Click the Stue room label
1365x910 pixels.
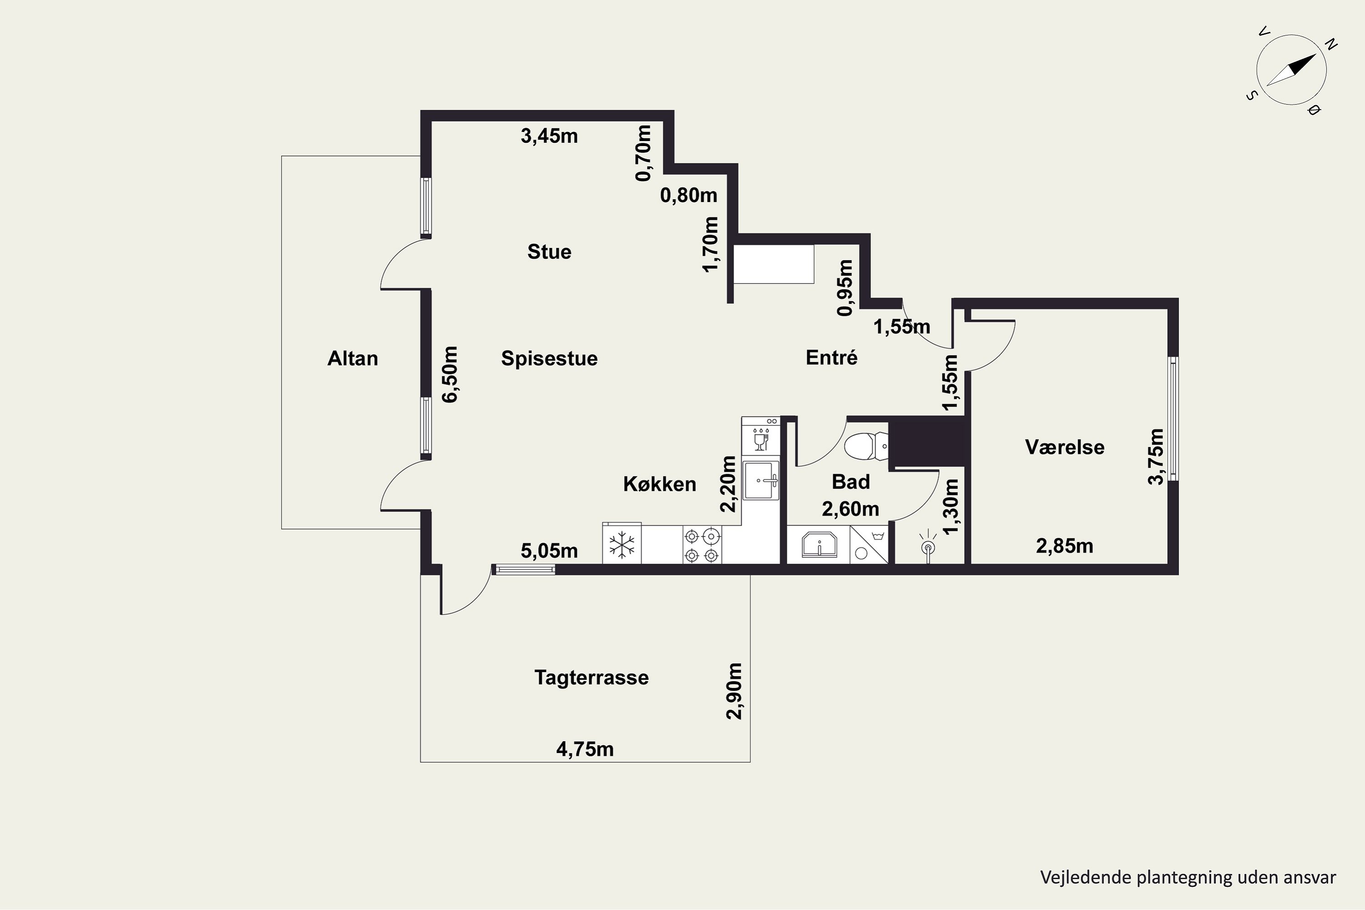tap(549, 252)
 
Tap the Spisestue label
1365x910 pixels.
tap(549, 359)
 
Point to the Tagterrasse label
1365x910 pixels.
tap(591, 678)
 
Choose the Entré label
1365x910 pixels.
tap(832, 358)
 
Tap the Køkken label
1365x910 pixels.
tap(659, 484)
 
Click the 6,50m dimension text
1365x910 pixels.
tap(450, 374)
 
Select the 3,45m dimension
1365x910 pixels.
tap(549, 136)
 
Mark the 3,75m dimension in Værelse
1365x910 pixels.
tap(1156, 457)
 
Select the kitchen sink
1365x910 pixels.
tap(761, 480)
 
